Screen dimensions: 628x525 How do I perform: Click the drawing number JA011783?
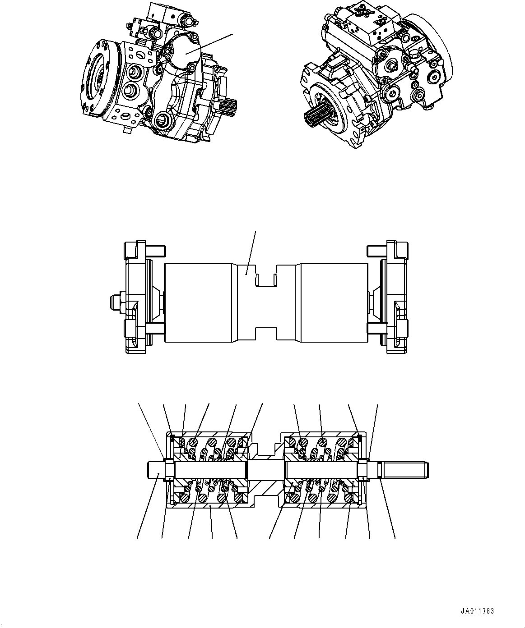click(477, 612)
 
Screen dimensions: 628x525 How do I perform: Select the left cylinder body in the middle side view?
click(199, 302)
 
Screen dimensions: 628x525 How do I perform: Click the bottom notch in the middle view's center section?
click(266, 334)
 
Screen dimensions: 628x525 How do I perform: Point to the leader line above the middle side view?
click(251, 250)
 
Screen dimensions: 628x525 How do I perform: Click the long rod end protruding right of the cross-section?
click(404, 470)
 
